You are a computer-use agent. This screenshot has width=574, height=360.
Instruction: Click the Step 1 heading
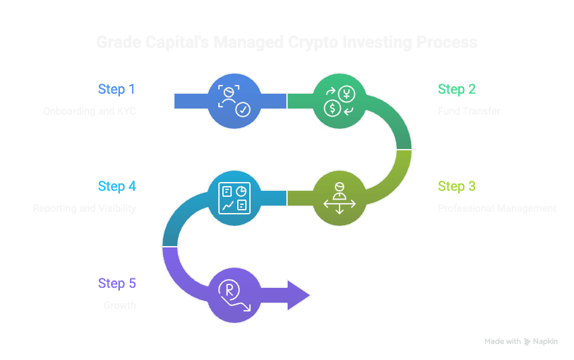coord(117,89)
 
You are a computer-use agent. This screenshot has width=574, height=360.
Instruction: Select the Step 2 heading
coord(456,89)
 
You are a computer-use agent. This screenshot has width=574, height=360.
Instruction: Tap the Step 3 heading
coord(456,186)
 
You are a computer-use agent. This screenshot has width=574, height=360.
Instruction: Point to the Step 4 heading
coord(117,186)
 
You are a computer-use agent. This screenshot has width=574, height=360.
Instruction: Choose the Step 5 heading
coord(117,283)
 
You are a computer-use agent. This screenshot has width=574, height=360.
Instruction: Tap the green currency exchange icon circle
coord(339,100)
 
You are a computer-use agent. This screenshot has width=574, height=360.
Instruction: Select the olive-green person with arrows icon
coord(339,198)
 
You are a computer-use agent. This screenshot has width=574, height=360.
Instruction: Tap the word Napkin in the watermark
coord(546,342)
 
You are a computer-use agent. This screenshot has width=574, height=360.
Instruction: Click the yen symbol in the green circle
coord(347,93)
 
